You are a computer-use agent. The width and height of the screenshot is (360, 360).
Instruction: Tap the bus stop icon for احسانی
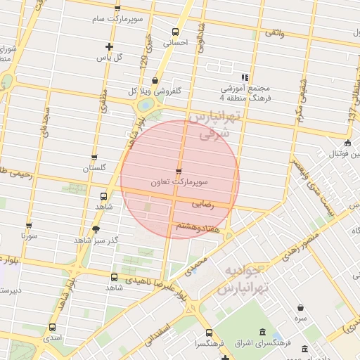pos(175,32)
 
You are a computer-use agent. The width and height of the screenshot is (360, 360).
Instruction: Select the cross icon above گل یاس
pos(109,46)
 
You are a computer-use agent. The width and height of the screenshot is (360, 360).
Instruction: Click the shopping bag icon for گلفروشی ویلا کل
pos(155,81)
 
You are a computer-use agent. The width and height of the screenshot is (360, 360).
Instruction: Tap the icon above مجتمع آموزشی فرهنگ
pos(244,77)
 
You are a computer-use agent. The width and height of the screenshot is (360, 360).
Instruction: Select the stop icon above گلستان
pos(94,157)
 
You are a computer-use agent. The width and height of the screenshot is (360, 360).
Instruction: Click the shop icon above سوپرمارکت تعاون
pos(178,171)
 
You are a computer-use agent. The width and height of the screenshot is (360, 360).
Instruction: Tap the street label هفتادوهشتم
pos(192,226)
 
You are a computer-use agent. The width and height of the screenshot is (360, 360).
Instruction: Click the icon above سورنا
pos(29,226)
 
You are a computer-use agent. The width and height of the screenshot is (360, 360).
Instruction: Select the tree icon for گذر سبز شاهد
pos(96,229)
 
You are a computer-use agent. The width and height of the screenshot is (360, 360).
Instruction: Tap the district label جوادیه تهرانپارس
pos(241,280)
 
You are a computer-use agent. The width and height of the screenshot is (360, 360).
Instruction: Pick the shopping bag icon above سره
pos(301,307)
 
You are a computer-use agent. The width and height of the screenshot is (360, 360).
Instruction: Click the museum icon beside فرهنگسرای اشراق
pos(262,332)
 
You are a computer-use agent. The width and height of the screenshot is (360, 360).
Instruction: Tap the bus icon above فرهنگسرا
pos(208,333)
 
